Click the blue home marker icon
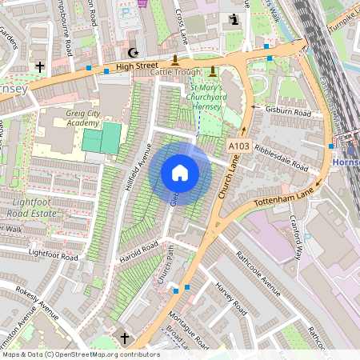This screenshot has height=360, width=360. point(180,173)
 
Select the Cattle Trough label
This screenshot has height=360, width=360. point(175,73)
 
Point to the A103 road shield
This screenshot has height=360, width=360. point(238,146)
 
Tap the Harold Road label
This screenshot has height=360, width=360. point(139,251)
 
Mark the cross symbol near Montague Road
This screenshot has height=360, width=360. point(124,337)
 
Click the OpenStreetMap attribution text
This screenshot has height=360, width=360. point(81,354)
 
